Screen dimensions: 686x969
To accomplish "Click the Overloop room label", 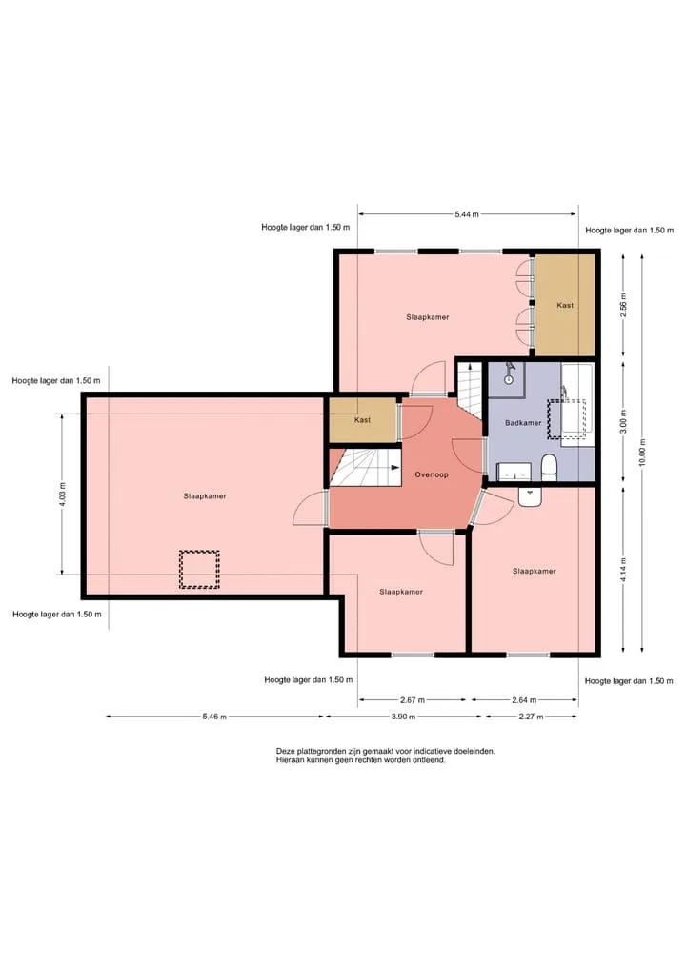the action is tap(432, 474).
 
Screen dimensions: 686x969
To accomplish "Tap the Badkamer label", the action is tap(523, 423).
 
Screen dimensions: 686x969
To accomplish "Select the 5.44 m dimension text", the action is tap(467, 214).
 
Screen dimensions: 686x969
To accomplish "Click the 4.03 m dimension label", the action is tap(63, 494).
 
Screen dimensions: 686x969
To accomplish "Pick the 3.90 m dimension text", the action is tap(404, 717).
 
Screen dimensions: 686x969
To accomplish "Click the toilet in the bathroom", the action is tap(549, 467).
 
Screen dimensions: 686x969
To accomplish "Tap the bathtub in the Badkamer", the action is tap(576, 405).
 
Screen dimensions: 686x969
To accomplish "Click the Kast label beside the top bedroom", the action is tap(565, 305).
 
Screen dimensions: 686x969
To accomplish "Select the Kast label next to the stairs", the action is tap(362, 420).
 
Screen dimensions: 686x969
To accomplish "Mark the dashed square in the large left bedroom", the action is tap(199, 569).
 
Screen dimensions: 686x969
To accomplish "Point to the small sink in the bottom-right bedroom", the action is tap(530, 497).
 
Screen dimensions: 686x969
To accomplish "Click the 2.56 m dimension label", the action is tap(623, 305).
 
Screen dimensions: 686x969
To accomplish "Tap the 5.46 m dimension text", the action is tap(214, 717).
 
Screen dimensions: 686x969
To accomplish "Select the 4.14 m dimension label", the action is tap(623, 570).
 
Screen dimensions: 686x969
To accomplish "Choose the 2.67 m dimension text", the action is tap(413, 701).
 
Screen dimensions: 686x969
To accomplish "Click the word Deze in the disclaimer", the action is tap(285, 752).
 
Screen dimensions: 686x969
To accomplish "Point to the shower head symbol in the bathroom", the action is tap(509, 373).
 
